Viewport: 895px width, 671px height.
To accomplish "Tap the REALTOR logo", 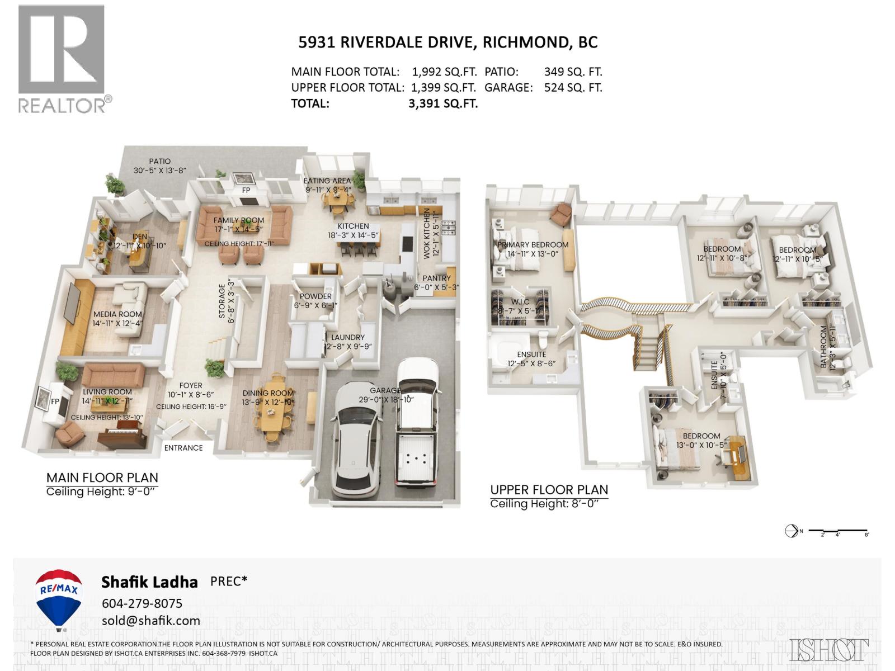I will pyautogui.click(x=62, y=59).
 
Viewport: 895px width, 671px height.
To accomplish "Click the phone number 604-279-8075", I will pyautogui.click(x=142, y=603).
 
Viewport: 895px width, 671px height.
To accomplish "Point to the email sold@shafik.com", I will pyautogui.click(x=150, y=621).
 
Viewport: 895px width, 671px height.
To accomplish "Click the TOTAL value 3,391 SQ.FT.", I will pyautogui.click(x=443, y=103).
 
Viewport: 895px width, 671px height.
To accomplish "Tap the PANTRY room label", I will pyautogui.click(x=436, y=278).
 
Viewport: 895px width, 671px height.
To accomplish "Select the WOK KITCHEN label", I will pyautogui.click(x=426, y=234).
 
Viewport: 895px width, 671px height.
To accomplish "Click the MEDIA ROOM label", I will pyautogui.click(x=117, y=314).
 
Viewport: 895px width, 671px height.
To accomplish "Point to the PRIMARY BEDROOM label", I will pyautogui.click(x=533, y=245).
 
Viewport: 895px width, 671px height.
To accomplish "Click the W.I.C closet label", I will pyautogui.click(x=520, y=302).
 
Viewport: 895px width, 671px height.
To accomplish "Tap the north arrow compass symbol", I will pyautogui.click(x=792, y=531).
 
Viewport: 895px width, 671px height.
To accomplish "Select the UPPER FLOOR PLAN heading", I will pyautogui.click(x=549, y=490).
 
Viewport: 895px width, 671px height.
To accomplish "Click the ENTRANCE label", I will pyautogui.click(x=183, y=448).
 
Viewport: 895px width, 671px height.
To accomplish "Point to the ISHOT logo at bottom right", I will pyautogui.click(x=829, y=649).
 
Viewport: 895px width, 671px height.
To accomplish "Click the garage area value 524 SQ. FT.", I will pyautogui.click(x=573, y=88).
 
